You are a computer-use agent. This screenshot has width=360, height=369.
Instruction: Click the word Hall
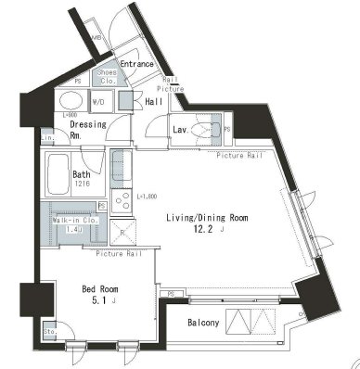pyautogui.click(x=155, y=102)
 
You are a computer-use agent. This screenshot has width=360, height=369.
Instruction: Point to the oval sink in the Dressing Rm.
pyautogui.click(x=70, y=100)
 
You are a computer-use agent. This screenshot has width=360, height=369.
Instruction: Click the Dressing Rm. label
pyautogui.click(x=86, y=128)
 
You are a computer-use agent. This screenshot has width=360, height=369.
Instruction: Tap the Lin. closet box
pyautogui.click(x=46, y=138)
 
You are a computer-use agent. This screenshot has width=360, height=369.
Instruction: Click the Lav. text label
pyautogui.click(x=182, y=129)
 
